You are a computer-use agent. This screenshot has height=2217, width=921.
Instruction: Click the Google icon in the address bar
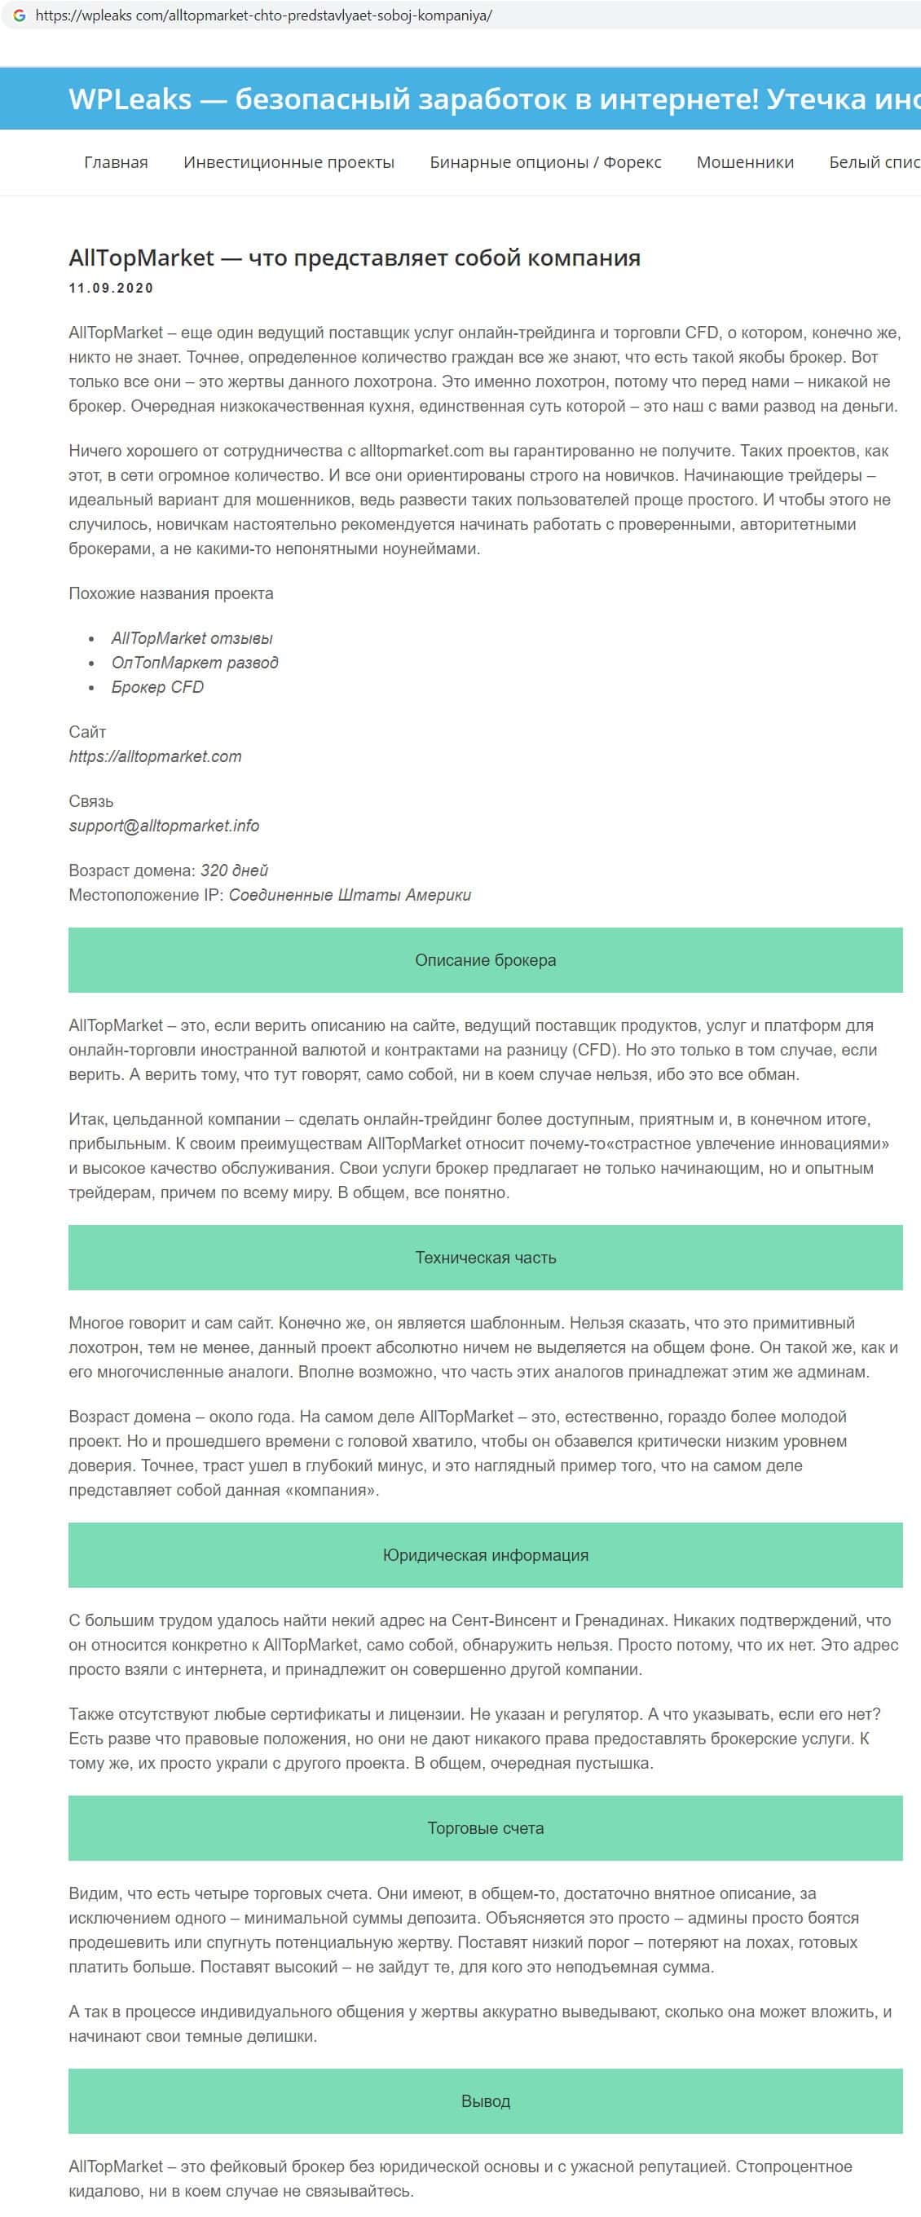[x=19, y=15]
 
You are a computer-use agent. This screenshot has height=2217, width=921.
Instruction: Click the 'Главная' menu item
[x=117, y=162]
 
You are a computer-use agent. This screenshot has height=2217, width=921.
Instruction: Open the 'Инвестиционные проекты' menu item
[x=289, y=162]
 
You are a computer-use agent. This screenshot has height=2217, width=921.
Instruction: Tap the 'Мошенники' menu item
[x=746, y=162]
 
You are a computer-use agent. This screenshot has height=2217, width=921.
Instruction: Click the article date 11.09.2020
[x=111, y=289]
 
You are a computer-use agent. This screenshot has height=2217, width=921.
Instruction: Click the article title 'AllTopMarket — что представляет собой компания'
[x=355, y=258]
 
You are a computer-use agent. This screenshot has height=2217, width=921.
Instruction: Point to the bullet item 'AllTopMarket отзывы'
[x=192, y=637]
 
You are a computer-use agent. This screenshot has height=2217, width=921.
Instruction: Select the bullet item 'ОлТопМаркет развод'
[x=195, y=662]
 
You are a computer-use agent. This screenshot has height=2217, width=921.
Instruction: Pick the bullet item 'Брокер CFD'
[x=157, y=687]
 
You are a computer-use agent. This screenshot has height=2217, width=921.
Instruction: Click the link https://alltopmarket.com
[x=155, y=756]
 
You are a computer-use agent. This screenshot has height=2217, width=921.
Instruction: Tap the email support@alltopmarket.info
[x=164, y=826]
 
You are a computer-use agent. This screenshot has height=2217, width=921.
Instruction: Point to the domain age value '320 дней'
[x=234, y=870]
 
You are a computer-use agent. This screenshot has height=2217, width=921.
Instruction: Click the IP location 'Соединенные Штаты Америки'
[x=350, y=894]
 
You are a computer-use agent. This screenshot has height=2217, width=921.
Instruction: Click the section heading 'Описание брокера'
[x=486, y=959]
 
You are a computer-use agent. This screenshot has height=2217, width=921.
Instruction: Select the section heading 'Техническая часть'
[x=486, y=1258]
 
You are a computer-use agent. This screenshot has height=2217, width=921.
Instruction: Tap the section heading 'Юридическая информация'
[x=486, y=1555]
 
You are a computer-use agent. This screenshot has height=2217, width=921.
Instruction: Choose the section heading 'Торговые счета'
[x=486, y=1828]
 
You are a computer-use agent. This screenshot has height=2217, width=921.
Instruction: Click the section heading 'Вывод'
[x=486, y=2100]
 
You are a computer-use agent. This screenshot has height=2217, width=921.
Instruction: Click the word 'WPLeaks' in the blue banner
[x=130, y=99]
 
